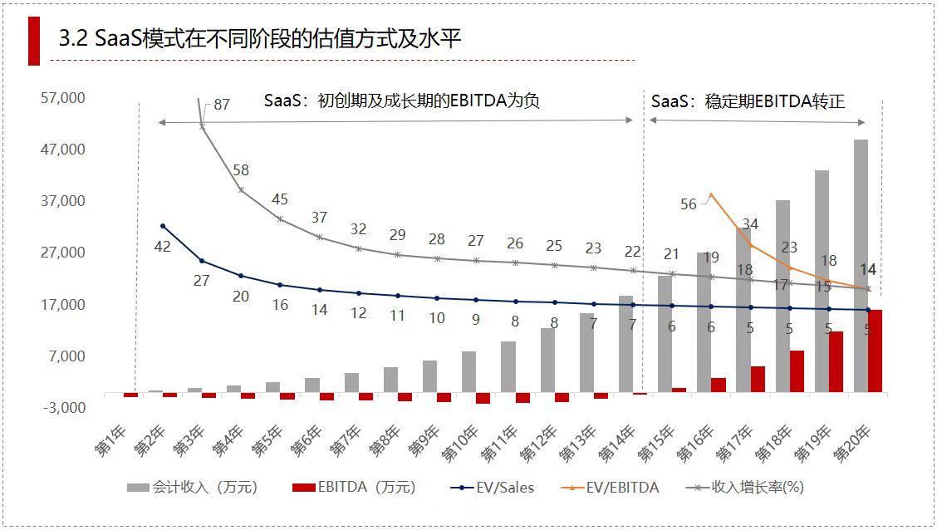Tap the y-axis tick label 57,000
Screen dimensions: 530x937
(x=63, y=98)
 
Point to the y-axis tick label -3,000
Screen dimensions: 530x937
(x=63, y=408)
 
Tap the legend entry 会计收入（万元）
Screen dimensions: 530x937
(x=193, y=488)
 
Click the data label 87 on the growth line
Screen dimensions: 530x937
(x=222, y=105)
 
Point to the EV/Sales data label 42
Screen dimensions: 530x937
(x=163, y=246)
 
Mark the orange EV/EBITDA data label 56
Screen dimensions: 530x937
(x=689, y=204)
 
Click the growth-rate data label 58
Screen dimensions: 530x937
(x=241, y=170)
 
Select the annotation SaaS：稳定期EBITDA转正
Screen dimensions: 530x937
(x=748, y=101)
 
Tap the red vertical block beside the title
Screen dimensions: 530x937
(x=34, y=39)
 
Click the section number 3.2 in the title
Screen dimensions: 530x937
(x=75, y=39)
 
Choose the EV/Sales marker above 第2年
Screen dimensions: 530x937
(x=163, y=226)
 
